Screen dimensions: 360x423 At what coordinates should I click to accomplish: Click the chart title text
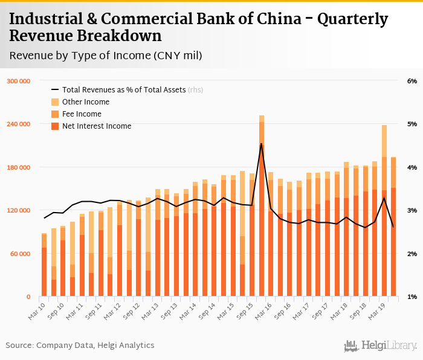tap(199, 28)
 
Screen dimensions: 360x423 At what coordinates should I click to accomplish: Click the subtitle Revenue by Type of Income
tap(106, 56)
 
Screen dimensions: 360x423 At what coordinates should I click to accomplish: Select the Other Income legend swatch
tap(55, 102)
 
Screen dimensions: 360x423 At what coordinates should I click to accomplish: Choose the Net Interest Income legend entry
tap(96, 126)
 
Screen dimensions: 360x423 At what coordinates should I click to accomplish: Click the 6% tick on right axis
tap(412, 81)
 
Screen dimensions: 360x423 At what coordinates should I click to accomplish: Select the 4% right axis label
tap(412, 167)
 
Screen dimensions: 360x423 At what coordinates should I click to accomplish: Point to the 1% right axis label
tap(412, 297)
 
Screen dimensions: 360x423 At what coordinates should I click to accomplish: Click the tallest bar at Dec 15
tap(262, 211)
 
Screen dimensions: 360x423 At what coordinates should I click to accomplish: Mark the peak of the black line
tap(262, 144)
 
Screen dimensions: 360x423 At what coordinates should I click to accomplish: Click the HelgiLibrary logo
tap(381, 346)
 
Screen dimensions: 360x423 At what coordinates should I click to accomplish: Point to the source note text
tap(80, 346)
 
